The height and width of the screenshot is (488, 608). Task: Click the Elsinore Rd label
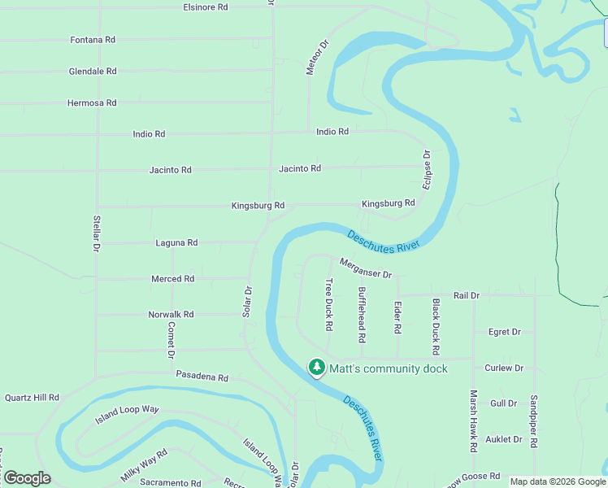click(205, 7)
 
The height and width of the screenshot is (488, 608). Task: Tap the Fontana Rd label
click(93, 39)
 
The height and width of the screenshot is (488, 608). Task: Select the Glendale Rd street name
click(93, 72)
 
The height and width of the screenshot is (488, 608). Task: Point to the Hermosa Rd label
click(92, 103)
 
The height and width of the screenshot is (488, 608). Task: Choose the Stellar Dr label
click(97, 232)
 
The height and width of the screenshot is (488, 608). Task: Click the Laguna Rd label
click(176, 242)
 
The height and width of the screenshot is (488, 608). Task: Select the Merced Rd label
click(172, 278)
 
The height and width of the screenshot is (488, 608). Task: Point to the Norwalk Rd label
click(171, 314)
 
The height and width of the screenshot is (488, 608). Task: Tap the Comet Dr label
click(172, 340)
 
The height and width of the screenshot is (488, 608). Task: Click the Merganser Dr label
click(366, 268)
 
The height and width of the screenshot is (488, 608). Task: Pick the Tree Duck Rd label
click(329, 304)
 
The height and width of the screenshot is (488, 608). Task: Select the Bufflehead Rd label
click(362, 313)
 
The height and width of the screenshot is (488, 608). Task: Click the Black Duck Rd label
click(436, 325)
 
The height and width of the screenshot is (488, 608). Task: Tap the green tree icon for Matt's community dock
click(316, 368)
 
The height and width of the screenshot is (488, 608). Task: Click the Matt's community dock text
click(388, 368)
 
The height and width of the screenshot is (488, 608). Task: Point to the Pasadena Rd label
click(202, 377)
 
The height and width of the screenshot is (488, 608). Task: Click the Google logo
click(27, 478)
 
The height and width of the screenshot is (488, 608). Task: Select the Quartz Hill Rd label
click(32, 398)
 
